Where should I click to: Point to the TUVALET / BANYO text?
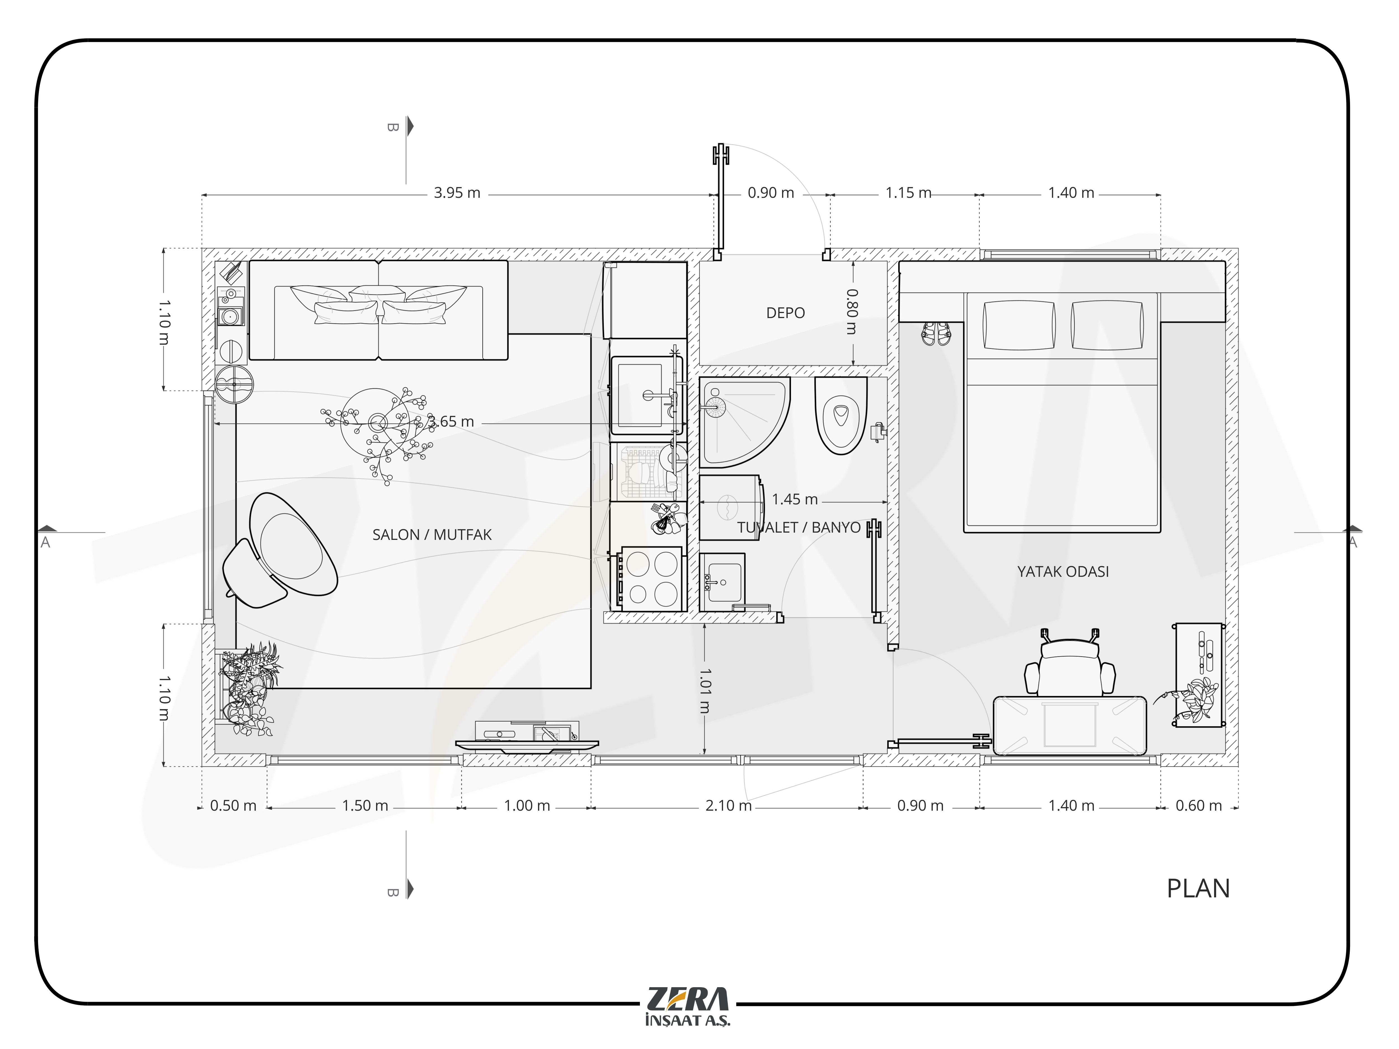799,527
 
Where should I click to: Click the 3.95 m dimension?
457,193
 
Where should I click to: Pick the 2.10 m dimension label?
728,806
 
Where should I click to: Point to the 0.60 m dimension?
1198,806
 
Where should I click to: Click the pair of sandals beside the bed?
935,333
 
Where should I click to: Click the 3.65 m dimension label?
450,422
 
